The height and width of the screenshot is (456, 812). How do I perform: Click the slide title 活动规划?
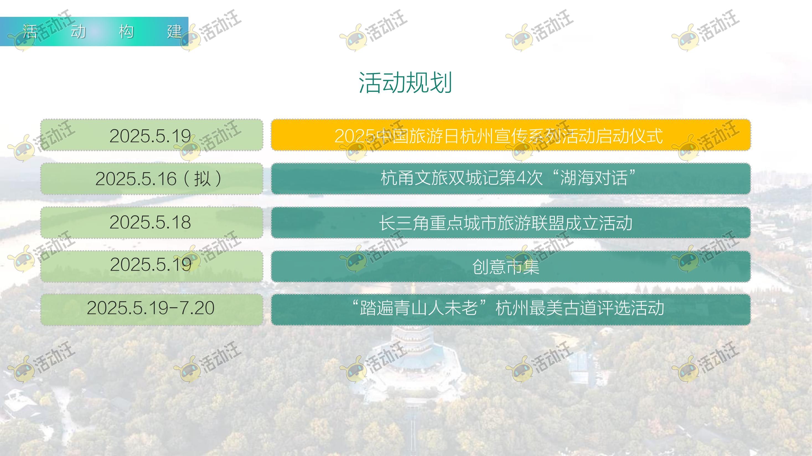tap(406, 82)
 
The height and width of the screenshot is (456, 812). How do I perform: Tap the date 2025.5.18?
tap(150, 222)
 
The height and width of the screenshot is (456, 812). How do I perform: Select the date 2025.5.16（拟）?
tap(159, 179)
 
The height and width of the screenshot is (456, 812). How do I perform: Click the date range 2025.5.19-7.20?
tap(150, 308)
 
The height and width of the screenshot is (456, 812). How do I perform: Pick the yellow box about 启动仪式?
tap(511, 135)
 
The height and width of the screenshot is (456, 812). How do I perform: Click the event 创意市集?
tap(506, 266)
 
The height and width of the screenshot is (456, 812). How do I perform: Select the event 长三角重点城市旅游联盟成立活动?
tap(506, 223)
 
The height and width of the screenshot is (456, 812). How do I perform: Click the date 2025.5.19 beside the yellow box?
tap(150, 136)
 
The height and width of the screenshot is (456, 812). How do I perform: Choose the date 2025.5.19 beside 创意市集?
tap(151, 264)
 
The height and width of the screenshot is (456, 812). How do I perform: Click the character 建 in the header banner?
tap(174, 32)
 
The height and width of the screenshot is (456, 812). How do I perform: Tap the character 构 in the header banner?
tap(126, 32)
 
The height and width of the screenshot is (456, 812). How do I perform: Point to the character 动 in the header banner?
tap(78, 32)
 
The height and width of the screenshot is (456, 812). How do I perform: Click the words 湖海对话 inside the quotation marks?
tap(594, 178)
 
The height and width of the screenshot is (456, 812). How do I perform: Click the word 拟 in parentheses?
tap(202, 179)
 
